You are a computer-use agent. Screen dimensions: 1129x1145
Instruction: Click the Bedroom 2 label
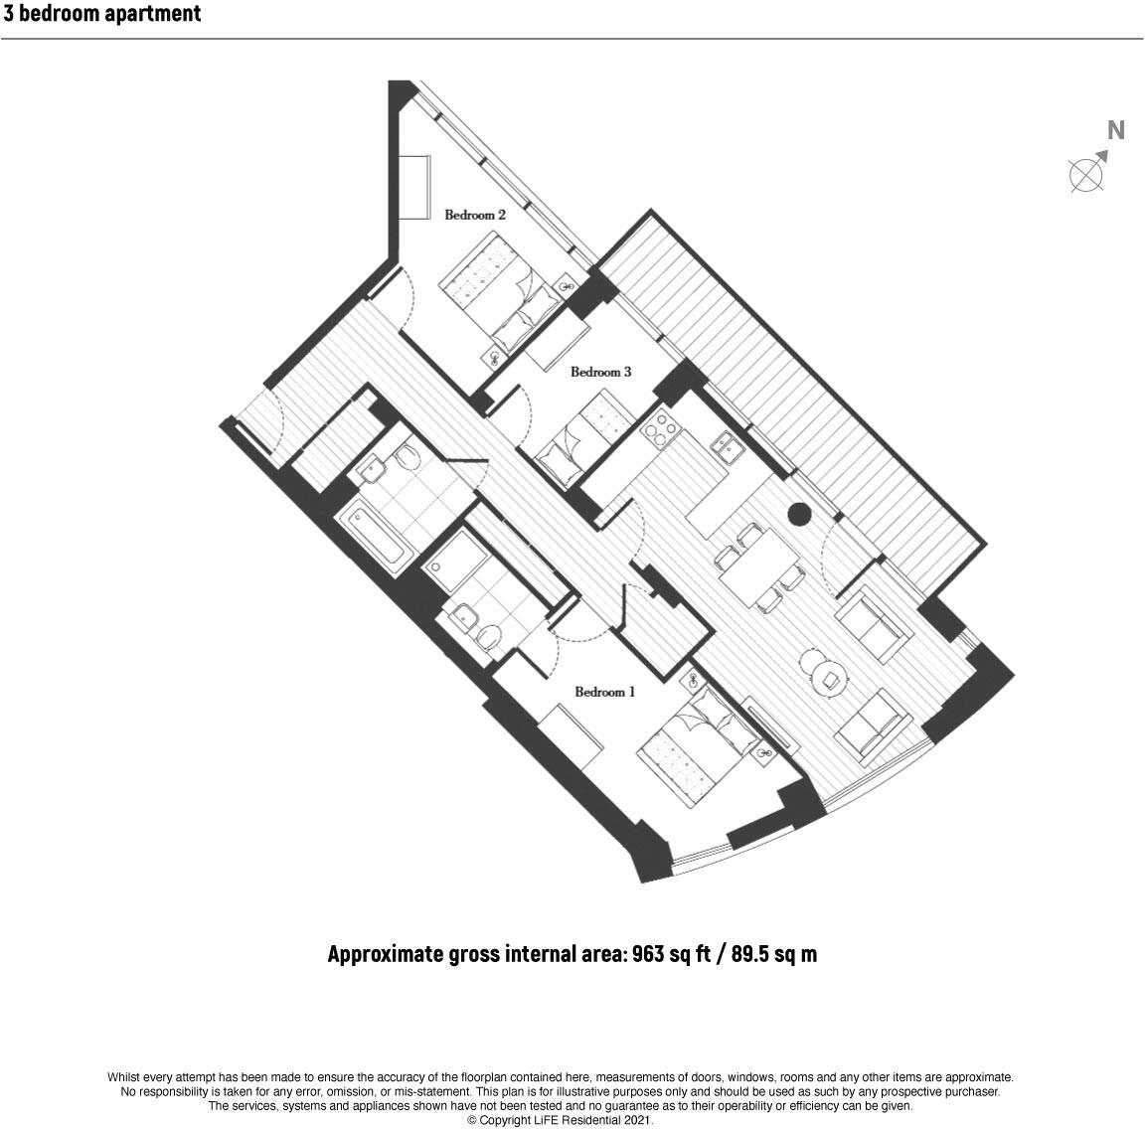point(475,215)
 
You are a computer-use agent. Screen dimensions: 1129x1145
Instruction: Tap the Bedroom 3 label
point(600,373)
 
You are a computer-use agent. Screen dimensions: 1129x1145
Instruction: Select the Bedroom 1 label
point(604,692)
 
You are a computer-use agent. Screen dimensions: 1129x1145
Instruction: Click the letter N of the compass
point(1116,130)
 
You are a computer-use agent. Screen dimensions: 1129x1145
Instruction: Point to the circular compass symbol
point(1085,175)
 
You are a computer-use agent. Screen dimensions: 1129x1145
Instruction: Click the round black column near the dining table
point(798,514)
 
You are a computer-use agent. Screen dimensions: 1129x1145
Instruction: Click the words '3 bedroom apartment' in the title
point(102,14)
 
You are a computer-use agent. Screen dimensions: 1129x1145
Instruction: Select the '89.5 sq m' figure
point(774,954)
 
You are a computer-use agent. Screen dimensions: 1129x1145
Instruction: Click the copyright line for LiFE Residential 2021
point(560,1119)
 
